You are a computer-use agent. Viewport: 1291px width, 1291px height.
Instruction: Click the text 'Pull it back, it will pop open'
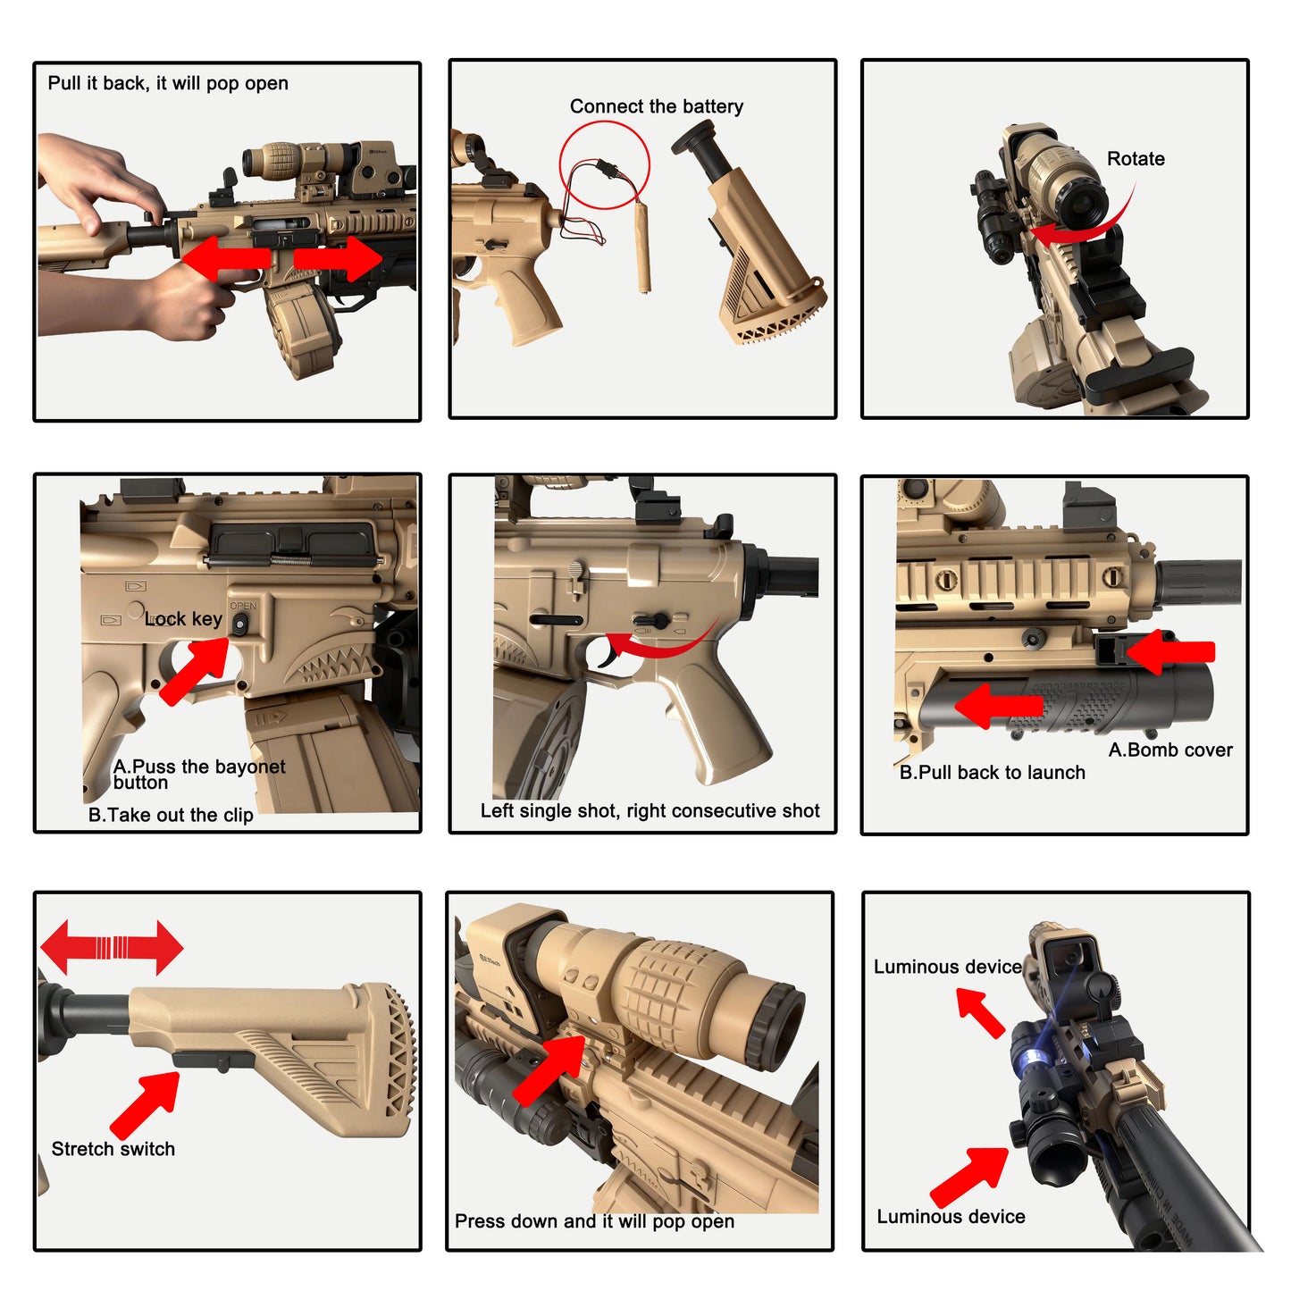168,84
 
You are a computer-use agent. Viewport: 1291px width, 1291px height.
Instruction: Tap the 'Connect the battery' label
657,106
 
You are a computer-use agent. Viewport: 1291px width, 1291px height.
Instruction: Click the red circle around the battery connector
604,165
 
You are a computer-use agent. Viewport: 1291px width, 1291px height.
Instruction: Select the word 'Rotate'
1136,159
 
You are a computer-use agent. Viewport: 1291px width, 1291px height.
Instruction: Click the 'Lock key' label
184,619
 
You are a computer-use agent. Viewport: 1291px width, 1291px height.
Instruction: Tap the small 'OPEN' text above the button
243,606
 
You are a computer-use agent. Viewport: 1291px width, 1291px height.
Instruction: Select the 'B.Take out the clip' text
171,815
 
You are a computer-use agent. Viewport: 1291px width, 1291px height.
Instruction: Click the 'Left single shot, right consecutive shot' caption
650,811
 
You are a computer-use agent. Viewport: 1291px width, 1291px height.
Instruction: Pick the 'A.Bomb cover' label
1170,750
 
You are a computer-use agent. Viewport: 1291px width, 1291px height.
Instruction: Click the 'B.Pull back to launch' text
992,773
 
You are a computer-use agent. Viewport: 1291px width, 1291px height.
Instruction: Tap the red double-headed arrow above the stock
112,947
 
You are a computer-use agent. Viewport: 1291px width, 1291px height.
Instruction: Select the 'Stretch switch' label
113,1149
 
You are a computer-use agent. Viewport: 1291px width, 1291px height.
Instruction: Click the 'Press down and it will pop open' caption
594,1221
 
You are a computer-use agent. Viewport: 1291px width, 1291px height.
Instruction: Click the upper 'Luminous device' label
947,967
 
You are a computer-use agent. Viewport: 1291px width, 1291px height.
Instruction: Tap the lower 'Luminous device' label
951,1217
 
